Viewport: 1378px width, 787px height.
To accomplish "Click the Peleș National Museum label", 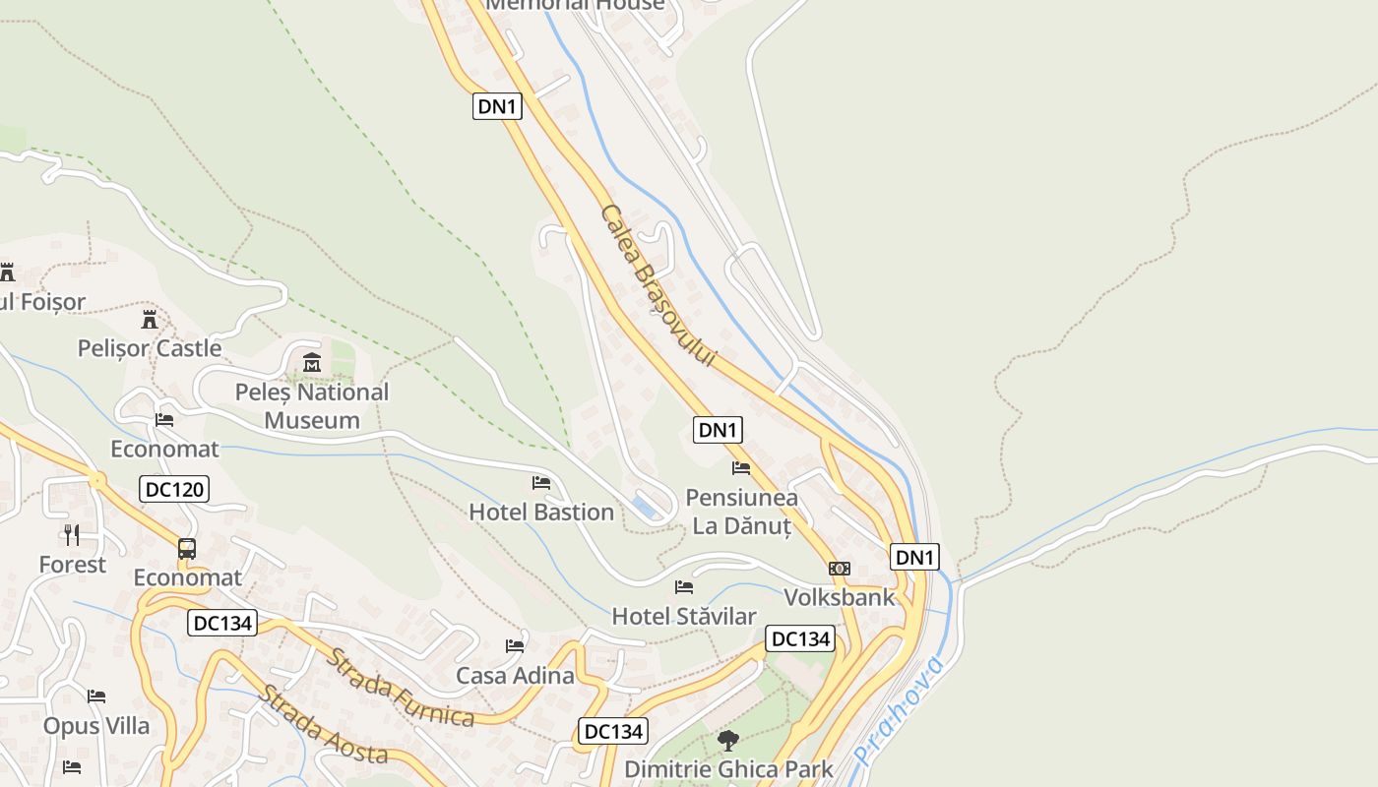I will pyautogui.click(x=312, y=406).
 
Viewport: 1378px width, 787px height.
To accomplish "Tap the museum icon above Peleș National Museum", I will pyautogui.click(x=312, y=363).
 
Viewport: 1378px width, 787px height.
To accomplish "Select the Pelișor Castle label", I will pyautogui.click(x=150, y=348).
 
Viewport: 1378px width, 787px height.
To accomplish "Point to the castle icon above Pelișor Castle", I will pyautogui.click(x=150, y=320).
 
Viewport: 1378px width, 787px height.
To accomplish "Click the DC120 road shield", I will pyautogui.click(x=174, y=489).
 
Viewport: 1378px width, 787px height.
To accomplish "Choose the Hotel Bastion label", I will pyautogui.click(x=541, y=512).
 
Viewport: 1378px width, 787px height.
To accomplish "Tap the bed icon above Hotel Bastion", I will pyautogui.click(x=541, y=482).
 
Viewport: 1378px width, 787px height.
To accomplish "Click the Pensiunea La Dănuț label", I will pyautogui.click(x=741, y=512).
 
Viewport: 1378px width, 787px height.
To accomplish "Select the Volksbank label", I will pyautogui.click(x=840, y=597).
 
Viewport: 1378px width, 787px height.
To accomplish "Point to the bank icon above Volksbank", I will pyautogui.click(x=840, y=569).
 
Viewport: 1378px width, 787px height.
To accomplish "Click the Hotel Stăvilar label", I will pyautogui.click(x=684, y=617).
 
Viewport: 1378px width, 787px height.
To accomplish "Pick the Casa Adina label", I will pyautogui.click(x=515, y=676).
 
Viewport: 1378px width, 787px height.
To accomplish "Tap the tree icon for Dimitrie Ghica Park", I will pyautogui.click(x=728, y=740).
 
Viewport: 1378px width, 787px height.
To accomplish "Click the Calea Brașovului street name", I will pyautogui.click(x=656, y=285).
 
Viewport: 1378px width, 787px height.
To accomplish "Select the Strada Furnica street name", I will pyautogui.click(x=401, y=688).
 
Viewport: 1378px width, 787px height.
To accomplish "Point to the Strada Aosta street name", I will pyautogui.click(x=323, y=725).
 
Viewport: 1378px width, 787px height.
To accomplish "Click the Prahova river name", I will pyautogui.click(x=900, y=710).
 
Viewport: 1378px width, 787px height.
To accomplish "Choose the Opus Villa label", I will pyautogui.click(x=96, y=726).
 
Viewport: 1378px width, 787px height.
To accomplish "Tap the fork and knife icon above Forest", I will pyautogui.click(x=72, y=535).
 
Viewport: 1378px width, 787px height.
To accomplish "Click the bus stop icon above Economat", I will pyautogui.click(x=187, y=548).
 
